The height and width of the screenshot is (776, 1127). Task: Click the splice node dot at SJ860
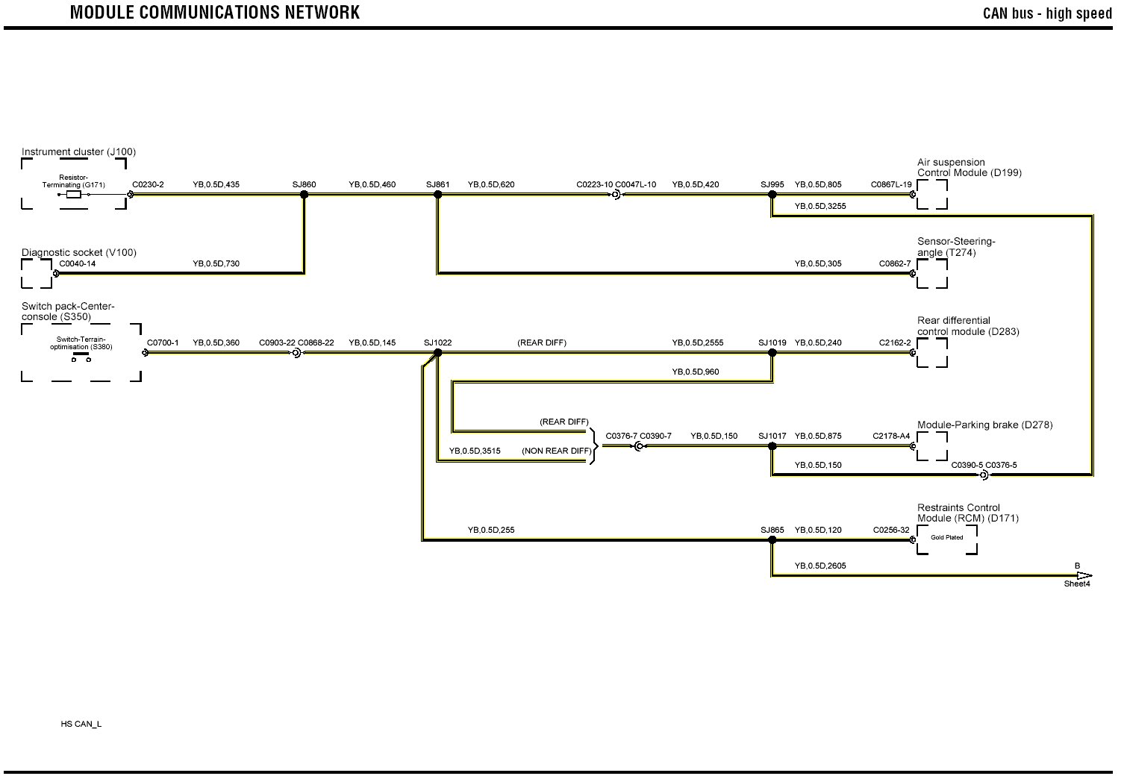(304, 195)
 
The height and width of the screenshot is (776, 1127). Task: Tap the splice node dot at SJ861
(438, 195)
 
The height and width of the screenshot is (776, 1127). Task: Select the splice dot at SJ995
(772, 195)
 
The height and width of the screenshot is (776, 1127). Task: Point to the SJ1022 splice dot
(438, 353)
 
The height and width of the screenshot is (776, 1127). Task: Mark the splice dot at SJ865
(772, 540)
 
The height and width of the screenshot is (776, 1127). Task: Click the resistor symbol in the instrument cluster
(74, 195)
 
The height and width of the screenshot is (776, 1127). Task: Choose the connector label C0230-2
(148, 184)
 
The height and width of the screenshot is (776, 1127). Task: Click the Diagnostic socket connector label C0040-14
(78, 263)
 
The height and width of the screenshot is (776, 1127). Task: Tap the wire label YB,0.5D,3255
(820, 206)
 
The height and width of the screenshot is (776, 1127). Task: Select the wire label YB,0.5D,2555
(697, 343)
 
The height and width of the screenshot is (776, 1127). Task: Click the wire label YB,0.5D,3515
(475, 451)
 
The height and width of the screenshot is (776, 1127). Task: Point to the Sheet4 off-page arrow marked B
(1084, 576)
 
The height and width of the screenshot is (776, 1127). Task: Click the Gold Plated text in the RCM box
(946, 537)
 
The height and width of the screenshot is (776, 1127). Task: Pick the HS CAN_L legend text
(81, 724)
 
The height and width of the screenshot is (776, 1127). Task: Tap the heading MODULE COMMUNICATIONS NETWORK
(215, 13)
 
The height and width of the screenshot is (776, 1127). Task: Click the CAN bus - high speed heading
(1047, 13)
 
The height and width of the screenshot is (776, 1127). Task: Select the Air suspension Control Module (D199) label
(969, 167)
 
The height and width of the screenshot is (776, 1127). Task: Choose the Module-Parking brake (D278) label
(984, 425)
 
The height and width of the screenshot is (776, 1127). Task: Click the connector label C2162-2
(895, 343)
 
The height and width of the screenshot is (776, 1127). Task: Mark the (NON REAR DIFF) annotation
(556, 451)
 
